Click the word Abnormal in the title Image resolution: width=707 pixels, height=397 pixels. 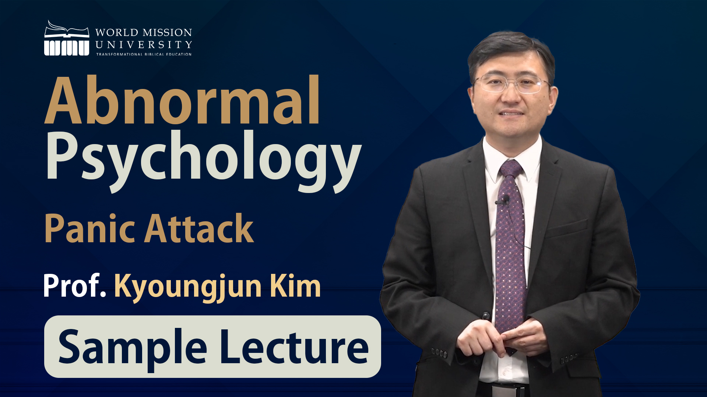182,100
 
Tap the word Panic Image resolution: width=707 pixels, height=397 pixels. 90,229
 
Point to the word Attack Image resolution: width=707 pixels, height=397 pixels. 199,228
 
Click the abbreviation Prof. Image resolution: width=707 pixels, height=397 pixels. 75,286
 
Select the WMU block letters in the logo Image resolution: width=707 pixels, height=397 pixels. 67,48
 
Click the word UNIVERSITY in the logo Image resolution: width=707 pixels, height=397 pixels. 144,45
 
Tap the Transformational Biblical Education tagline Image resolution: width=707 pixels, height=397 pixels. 144,54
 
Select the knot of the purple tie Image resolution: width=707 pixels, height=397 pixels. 511,169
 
